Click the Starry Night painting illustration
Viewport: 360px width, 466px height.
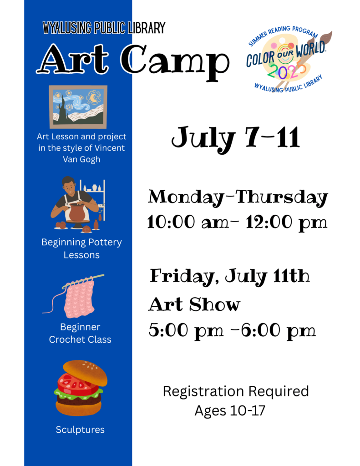pos(78,107)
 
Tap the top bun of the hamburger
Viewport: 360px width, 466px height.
pos(85,373)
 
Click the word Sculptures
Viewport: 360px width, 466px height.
pos(80,430)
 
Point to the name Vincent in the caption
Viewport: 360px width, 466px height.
pos(109,148)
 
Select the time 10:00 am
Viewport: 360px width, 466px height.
pos(188,222)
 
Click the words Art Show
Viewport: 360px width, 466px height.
pos(194,304)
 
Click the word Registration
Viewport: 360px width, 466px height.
pos(203,392)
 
